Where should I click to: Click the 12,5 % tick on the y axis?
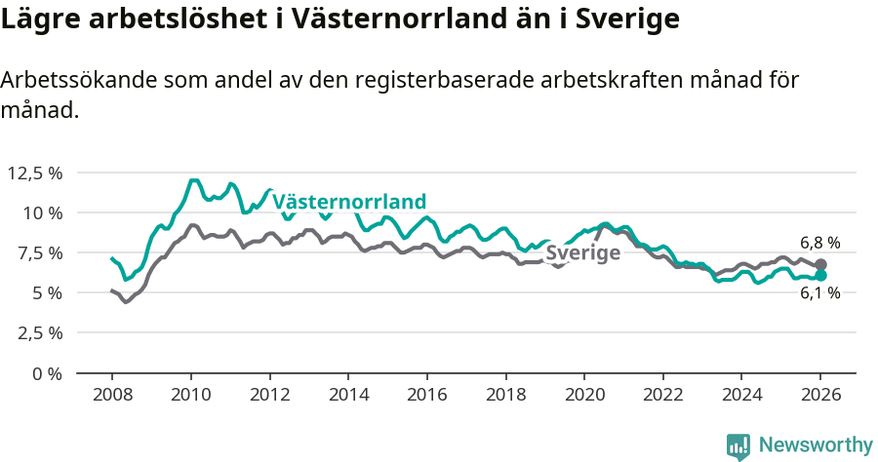(x=35, y=173)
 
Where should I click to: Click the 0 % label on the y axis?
(x=46, y=372)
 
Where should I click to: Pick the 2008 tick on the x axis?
(x=112, y=397)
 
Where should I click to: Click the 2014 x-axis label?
(x=348, y=397)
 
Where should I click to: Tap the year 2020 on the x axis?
(x=584, y=397)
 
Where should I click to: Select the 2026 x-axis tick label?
(x=820, y=397)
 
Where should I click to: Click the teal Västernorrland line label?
(x=349, y=202)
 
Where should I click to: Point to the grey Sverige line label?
(x=582, y=253)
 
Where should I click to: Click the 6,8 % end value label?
(x=819, y=243)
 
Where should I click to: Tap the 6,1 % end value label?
(x=819, y=293)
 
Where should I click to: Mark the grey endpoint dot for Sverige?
(x=821, y=264)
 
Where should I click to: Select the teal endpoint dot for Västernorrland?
(x=821, y=276)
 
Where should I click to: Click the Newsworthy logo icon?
(x=738, y=445)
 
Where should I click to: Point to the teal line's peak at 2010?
(x=193, y=180)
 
